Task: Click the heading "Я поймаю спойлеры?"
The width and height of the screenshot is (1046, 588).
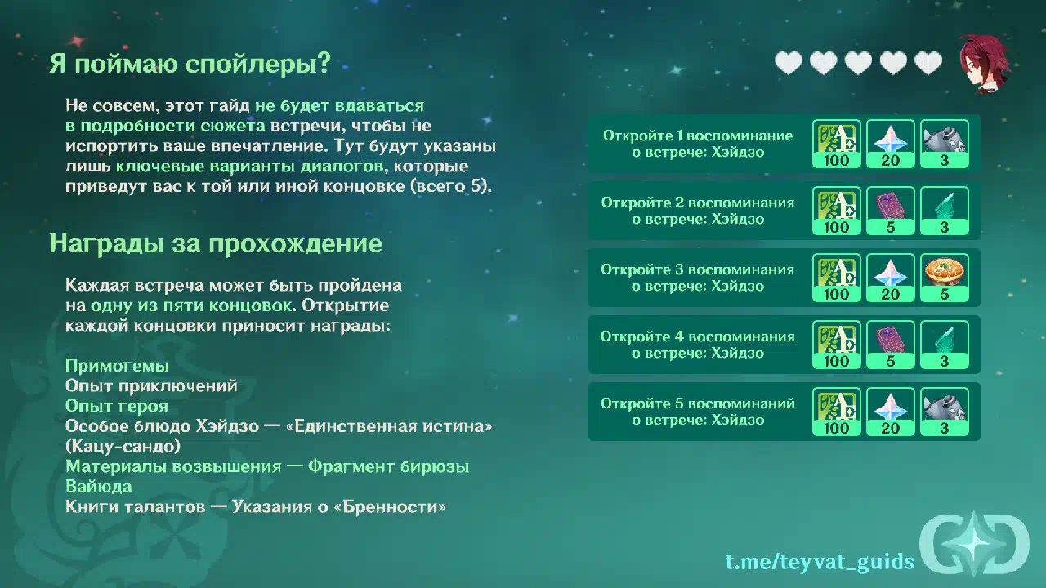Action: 190,63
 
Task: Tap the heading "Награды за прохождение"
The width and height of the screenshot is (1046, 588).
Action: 216,243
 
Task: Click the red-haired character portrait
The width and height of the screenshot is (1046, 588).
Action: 985,64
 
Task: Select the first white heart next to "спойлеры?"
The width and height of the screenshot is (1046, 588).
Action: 789,63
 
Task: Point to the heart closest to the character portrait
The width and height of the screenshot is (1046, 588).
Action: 928,63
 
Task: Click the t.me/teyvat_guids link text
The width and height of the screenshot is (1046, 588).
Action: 820,561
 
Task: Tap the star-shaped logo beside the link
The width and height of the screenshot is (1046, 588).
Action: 975,544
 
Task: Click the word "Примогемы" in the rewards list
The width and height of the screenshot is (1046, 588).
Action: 117,365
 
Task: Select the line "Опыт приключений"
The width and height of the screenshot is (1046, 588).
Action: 151,385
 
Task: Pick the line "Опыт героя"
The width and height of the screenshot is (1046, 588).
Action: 117,406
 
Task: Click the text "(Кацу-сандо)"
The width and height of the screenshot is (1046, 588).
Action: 123,446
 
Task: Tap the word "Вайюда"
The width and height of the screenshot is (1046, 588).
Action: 99,486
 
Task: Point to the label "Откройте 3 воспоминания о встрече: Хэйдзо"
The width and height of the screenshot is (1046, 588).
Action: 698,278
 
